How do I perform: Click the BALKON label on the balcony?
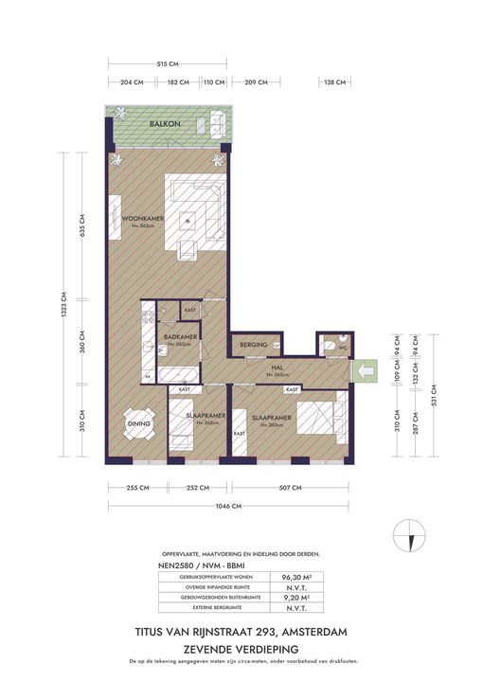[165, 124]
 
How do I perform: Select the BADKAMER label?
[180, 337]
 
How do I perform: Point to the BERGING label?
[253, 344]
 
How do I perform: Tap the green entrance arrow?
[363, 369]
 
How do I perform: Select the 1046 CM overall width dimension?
[231, 506]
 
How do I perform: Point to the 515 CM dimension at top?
[168, 63]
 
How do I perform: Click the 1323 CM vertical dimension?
[64, 306]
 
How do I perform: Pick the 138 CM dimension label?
[335, 82]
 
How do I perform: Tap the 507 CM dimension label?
[290, 488]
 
